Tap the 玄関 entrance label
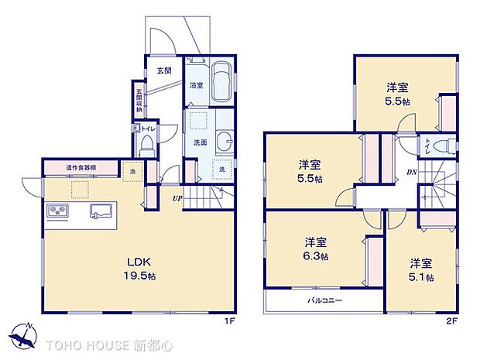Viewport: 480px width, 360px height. tap(164, 70)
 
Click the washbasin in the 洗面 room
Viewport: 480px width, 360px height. tap(224, 142)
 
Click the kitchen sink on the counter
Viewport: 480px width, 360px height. tap(102, 210)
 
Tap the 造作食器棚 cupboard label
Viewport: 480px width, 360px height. tap(81, 168)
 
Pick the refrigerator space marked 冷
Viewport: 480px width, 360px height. tap(132, 171)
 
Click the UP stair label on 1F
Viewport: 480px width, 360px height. tap(177, 197)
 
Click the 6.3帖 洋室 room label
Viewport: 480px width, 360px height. tap(315, 248)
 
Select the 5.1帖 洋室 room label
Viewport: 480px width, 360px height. tap(421, 269)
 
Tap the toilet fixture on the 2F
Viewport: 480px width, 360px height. tap(443, 145)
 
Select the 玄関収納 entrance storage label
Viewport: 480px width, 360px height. tap(139, 101)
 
